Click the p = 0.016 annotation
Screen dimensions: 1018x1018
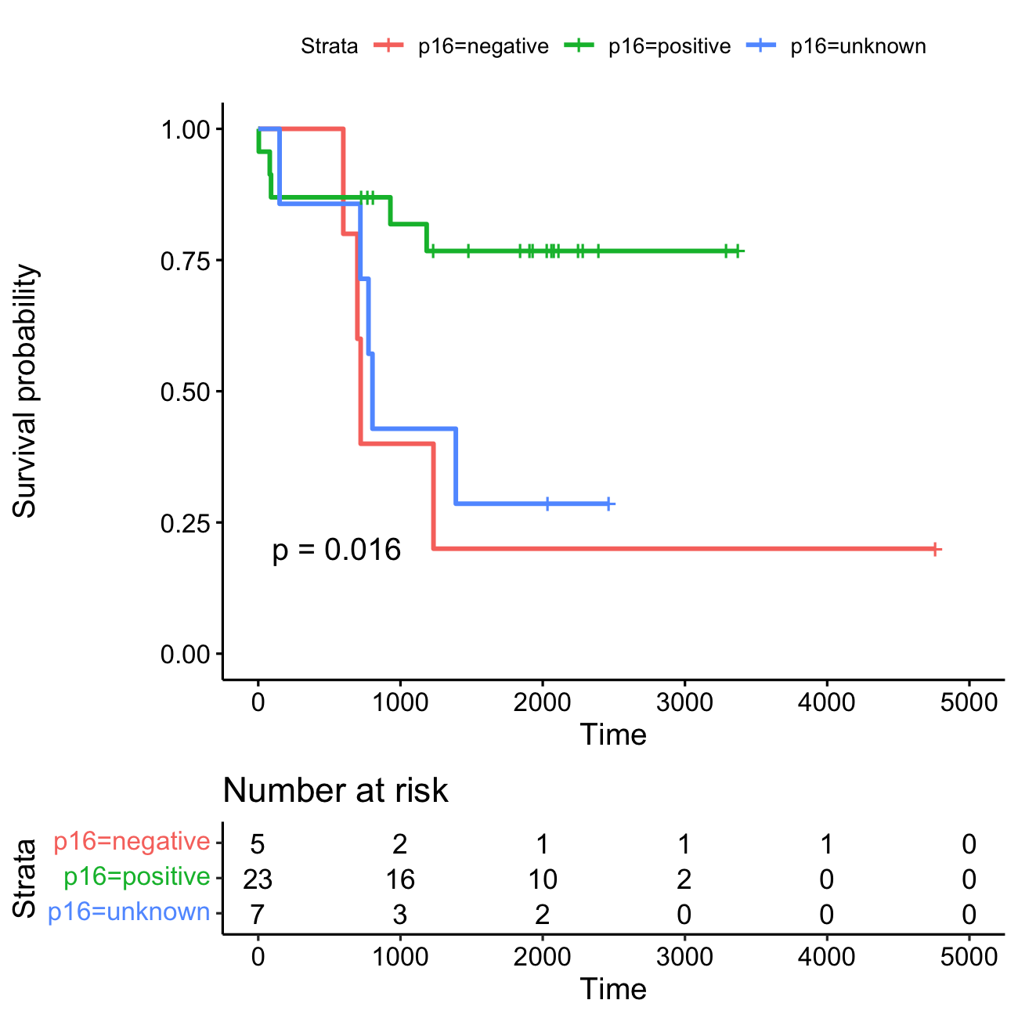coord(336,551)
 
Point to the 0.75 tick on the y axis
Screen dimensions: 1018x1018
coord(186,260)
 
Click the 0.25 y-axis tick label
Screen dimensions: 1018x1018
coord(186,523)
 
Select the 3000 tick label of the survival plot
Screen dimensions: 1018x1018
coord(684,702)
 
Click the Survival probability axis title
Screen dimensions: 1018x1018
coord(25,391)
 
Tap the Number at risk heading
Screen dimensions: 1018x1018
coord(335,791)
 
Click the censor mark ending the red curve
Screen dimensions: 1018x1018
coord(935,550)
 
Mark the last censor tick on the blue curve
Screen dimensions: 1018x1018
coord(608,504)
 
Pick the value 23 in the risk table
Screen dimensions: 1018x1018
coord(258,879)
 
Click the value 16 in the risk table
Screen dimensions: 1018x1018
coord(400,879)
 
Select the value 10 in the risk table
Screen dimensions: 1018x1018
coord(542,879)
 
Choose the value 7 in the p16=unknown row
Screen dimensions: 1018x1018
coord(258,915)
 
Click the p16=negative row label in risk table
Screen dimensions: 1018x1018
coord(132,842)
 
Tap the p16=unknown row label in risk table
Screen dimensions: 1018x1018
coord(129,912)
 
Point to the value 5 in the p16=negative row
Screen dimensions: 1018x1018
coord(258,844)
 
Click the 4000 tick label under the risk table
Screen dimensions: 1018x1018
coord(826,956)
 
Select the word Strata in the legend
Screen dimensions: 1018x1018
coord(329,46)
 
